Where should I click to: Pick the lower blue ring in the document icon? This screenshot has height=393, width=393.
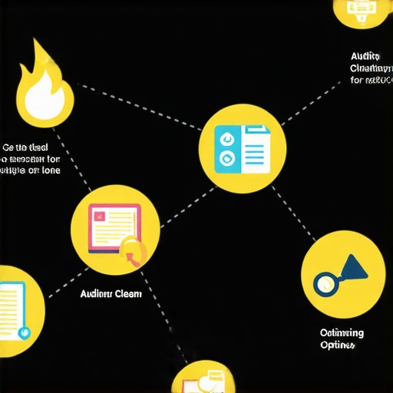(x=226, y=157)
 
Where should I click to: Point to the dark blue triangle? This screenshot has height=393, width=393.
(x=353, y=268)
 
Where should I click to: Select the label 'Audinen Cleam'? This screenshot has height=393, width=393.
(x=111, y=293)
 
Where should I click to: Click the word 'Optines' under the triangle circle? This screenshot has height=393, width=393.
(x=338, y=346)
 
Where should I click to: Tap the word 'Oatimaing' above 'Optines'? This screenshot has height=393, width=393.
(x=342, y=333)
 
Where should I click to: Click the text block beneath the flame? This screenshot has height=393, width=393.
(x=31, y=159)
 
